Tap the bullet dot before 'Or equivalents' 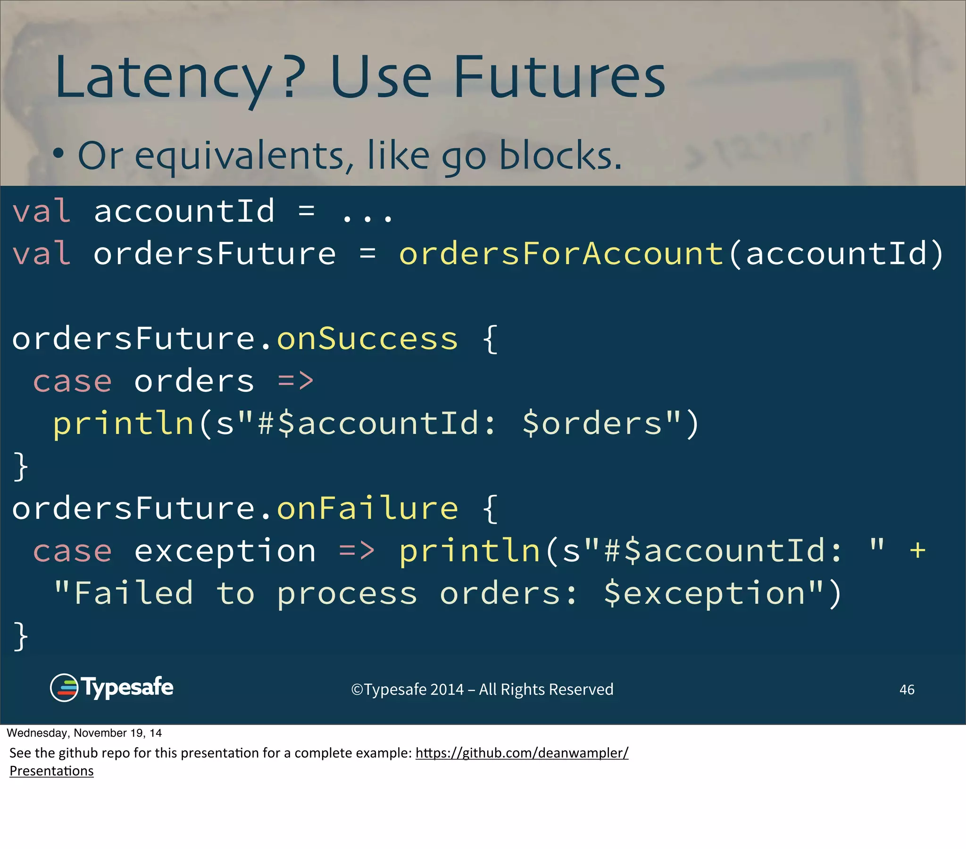pyautogui.click(x=58, y=154)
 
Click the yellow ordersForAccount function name pyautogui.click(x=561, y=253)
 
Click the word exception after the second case pyautogui.click(x=225, y=551)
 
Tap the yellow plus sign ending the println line pyautogui.click(x=917, y=550)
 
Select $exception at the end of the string pyautogui.click(x=704, y=594)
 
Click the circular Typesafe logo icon pyautogui.click(x=64, y=687)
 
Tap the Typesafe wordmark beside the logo pyautogui.click(x=128, y=687)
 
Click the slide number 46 pyautogui.click(x=907, y=690)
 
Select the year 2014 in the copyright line pyautogui.click(x=447, y=690)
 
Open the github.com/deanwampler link pyautogui.click(x=522, y=753)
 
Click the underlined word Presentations pyautogui.click(x=51, y=771)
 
